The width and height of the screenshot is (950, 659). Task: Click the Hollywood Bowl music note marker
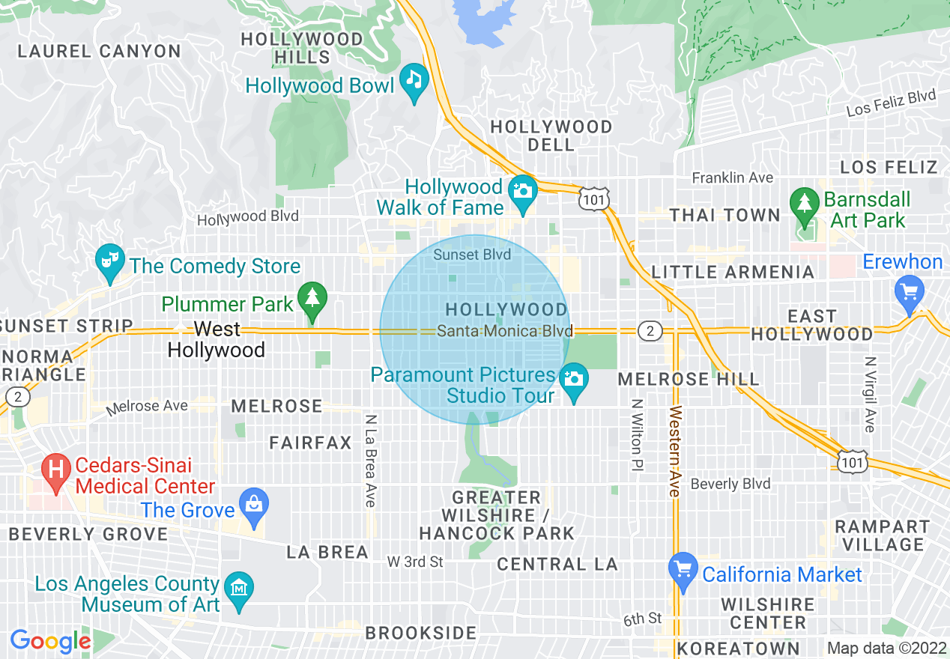414,77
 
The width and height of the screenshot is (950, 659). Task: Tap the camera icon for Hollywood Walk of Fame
522,189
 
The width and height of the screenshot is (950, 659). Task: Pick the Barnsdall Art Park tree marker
805,202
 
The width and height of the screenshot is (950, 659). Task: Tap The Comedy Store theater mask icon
110,261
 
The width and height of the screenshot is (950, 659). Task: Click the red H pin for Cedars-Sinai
56,470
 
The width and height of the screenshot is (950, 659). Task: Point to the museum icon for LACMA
239,587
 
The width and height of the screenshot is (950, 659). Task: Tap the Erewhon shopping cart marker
910,290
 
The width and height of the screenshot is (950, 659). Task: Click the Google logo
50,641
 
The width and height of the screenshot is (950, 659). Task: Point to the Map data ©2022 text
885,648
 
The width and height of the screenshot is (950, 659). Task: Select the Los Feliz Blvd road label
892,103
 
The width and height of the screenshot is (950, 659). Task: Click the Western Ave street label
675,452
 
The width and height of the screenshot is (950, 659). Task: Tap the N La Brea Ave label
370,460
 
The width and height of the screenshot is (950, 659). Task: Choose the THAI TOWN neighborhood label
724,216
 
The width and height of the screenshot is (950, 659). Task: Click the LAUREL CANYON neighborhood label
99,52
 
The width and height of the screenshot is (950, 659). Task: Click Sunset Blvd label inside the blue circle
472,255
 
